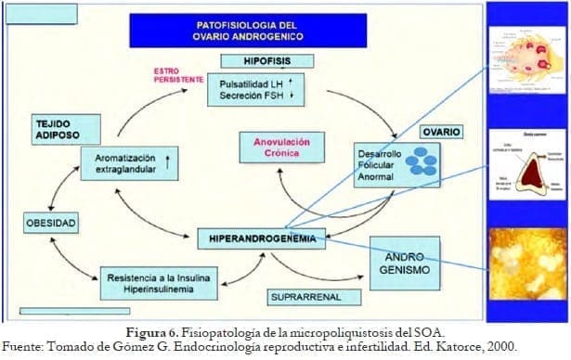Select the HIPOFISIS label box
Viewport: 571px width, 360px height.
click(x=266, y=60)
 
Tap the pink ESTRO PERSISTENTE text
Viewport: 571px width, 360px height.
click(x=179, y=74)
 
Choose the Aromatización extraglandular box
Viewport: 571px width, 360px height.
click(x=130, y=164)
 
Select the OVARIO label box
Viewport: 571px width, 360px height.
click(x=439, y=132)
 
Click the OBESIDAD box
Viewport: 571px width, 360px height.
click(x=50, y=223)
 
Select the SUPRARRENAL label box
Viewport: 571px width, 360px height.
click(x=305, y=297)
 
